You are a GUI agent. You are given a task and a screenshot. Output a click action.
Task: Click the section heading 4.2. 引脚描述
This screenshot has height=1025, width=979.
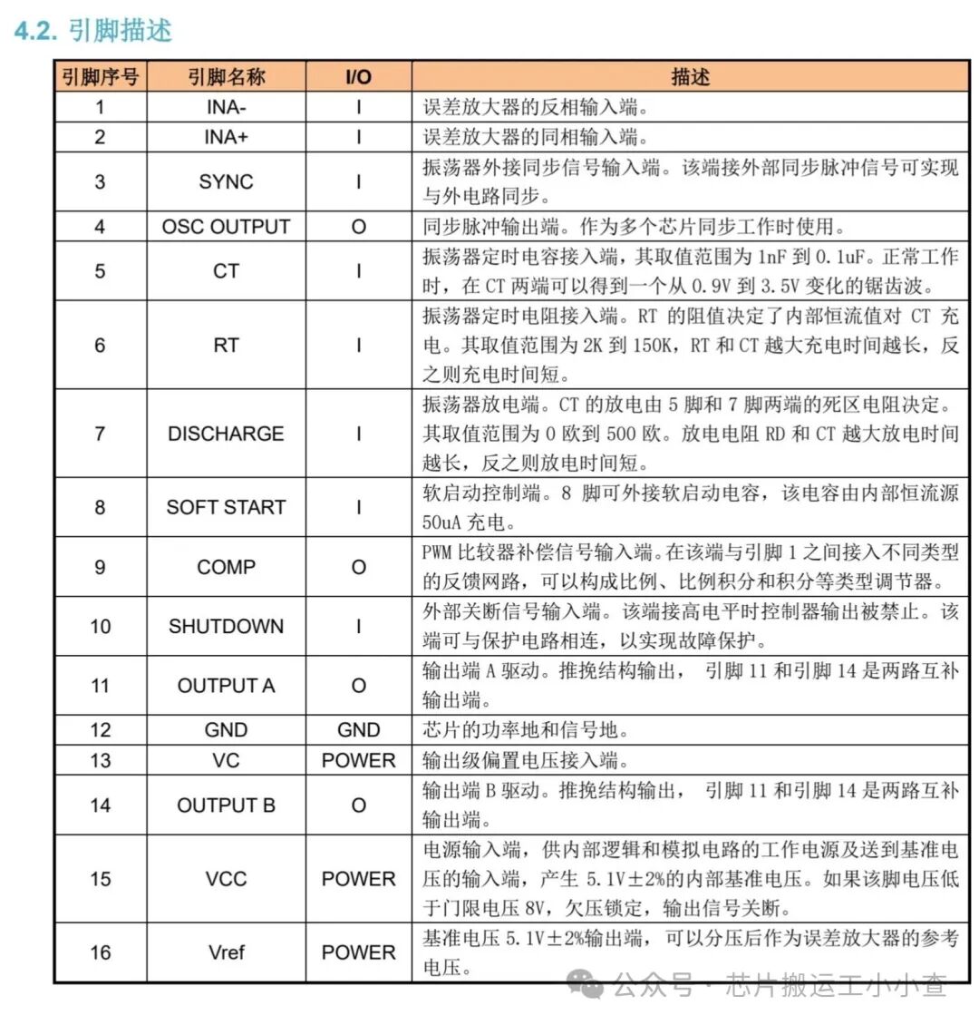pos(93,30)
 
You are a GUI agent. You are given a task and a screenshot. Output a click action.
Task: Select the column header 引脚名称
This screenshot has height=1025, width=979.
pos(226,77)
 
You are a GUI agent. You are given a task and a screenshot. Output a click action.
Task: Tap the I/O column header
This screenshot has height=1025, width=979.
pos(358,77)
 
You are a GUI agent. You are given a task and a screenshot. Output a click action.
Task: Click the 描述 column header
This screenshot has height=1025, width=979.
pos(690,77)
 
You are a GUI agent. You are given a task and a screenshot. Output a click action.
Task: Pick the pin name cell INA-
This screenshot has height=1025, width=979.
pos(226,107)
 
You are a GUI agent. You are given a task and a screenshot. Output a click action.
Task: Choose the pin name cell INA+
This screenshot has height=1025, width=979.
pos(226,137)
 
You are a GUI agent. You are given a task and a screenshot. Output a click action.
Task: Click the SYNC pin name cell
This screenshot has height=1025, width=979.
pos(226,181)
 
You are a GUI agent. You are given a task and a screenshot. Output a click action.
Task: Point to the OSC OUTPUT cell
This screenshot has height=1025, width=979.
pos(226,226)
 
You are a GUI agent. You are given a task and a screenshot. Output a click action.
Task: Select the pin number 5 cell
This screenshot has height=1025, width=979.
pos(100,270)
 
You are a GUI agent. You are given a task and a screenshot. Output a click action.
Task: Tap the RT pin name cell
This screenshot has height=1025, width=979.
pos(226,345)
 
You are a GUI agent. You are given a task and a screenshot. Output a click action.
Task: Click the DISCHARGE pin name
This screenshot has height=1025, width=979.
pos(226,434)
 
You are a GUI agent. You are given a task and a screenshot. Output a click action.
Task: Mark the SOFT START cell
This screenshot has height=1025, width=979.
pos(226,507)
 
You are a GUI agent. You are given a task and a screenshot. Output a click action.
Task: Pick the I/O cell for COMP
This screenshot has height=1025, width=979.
pos(358,567)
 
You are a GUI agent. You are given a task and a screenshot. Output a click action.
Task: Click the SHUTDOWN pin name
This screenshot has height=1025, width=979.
pos(226,626)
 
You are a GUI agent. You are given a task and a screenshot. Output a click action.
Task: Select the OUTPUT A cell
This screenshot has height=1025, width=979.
pos(226,686)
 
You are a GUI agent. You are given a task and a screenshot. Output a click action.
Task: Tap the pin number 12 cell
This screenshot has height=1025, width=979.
pos(100,730)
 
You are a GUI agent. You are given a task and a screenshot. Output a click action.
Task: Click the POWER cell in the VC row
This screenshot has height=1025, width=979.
pos(358,760)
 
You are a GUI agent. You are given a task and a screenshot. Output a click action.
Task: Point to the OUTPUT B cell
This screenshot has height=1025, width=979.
pos(226,805)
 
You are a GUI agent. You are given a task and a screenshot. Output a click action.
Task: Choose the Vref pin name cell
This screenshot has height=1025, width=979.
pos(226,952)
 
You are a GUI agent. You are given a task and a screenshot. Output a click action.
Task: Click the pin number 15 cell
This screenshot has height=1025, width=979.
pos(100,878)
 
